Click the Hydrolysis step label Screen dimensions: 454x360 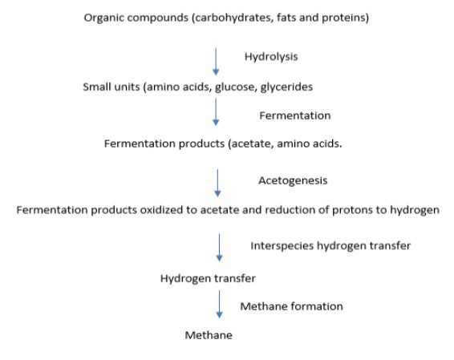click(271, 57)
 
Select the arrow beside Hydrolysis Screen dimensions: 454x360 click(216, 62)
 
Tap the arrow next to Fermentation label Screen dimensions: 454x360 click(216, 112)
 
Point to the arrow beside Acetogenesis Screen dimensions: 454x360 click(217, 183)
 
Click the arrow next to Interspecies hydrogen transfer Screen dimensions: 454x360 click(219, 248)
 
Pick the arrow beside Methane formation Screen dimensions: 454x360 click(219, 305)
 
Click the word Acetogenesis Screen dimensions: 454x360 click(293, 181)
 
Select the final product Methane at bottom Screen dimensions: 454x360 click(209, 335)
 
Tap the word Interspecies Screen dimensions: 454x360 click(282, 246)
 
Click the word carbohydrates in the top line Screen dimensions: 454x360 click(234, 18)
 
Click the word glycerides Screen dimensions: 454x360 click(286, 87)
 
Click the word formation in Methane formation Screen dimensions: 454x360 click(317, 306)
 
